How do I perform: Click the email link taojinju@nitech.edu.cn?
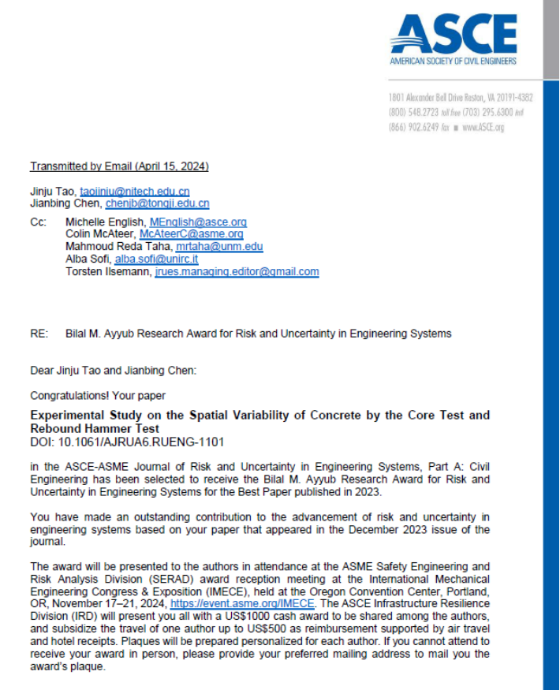point(134,192)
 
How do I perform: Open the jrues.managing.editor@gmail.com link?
point(237,271)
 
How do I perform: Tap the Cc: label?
point(38,222)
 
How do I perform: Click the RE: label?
point(39,334)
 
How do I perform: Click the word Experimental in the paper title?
point(62,415)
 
